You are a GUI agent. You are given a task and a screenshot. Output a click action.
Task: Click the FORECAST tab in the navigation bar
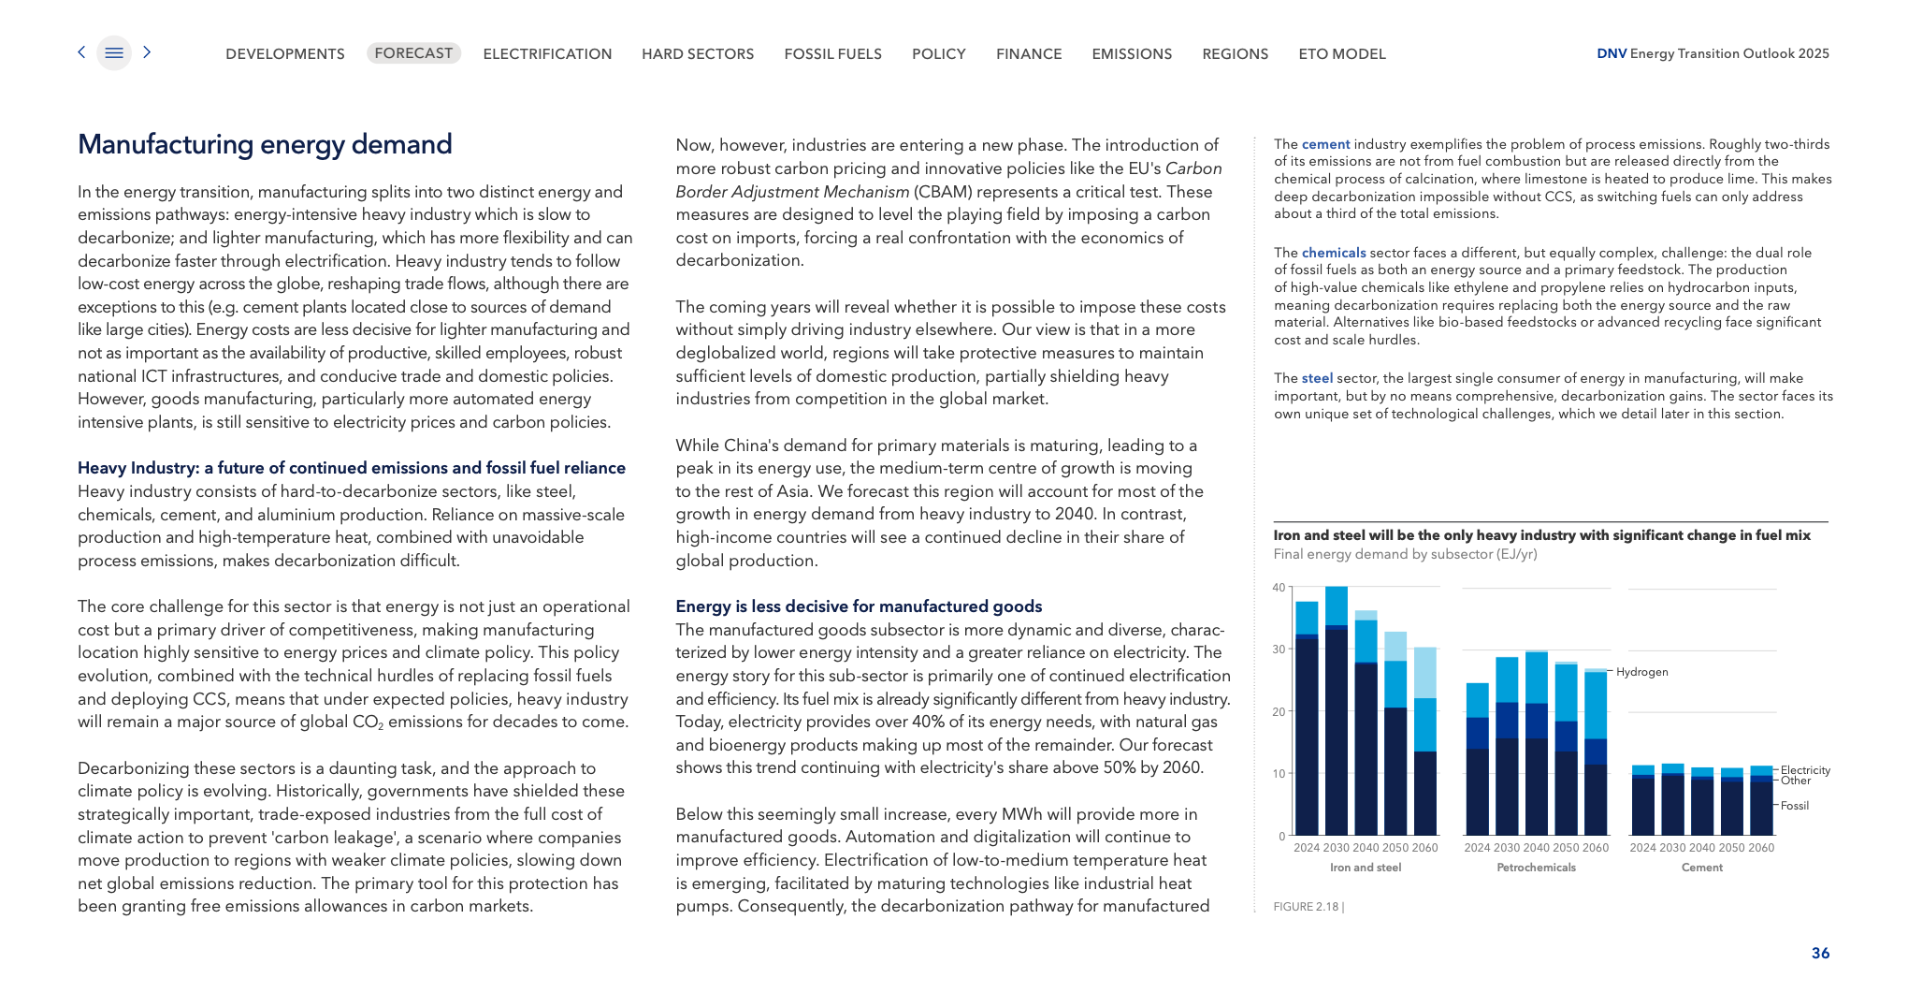[x=413, y=53]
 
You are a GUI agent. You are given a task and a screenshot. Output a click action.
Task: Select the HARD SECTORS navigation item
[x=698, y=54]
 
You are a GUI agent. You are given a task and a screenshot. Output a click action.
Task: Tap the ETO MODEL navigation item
[x=1342, y=54]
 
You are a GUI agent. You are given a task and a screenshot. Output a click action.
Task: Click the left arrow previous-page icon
[x=81, y=52]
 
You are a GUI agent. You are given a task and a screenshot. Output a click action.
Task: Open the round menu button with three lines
[x=114, y=53]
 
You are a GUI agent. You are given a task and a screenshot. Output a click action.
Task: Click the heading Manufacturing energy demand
[x=265, y=144]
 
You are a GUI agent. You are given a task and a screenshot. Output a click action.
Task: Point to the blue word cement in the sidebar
[x=1325, y=144]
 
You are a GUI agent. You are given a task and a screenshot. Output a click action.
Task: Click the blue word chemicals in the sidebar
[x=1334, y=253]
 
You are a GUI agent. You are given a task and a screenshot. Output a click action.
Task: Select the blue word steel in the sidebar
[x=1317, y=378]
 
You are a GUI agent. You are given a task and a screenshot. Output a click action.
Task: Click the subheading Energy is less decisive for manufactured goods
[x=859, y=606]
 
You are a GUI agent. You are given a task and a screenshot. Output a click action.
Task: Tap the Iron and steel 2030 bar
[x=1337, y=711]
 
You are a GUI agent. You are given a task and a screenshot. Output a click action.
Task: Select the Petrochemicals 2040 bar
[x=1537, y=744]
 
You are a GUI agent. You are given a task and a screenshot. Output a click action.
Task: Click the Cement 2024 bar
[x=1643, y=801]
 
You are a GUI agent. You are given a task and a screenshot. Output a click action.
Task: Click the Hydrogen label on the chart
[x=1641, y=672]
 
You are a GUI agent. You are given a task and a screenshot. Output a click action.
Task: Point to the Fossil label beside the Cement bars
[x=1794, y=806]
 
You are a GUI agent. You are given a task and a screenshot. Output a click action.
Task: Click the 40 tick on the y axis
[x=1279, y=588]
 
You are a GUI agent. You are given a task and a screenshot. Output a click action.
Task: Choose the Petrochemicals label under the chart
[x=1536, y=868]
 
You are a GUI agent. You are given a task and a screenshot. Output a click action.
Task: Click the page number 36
[x=1820, y=953]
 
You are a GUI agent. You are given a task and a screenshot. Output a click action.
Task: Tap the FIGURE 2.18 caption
[x=1308, y=907]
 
